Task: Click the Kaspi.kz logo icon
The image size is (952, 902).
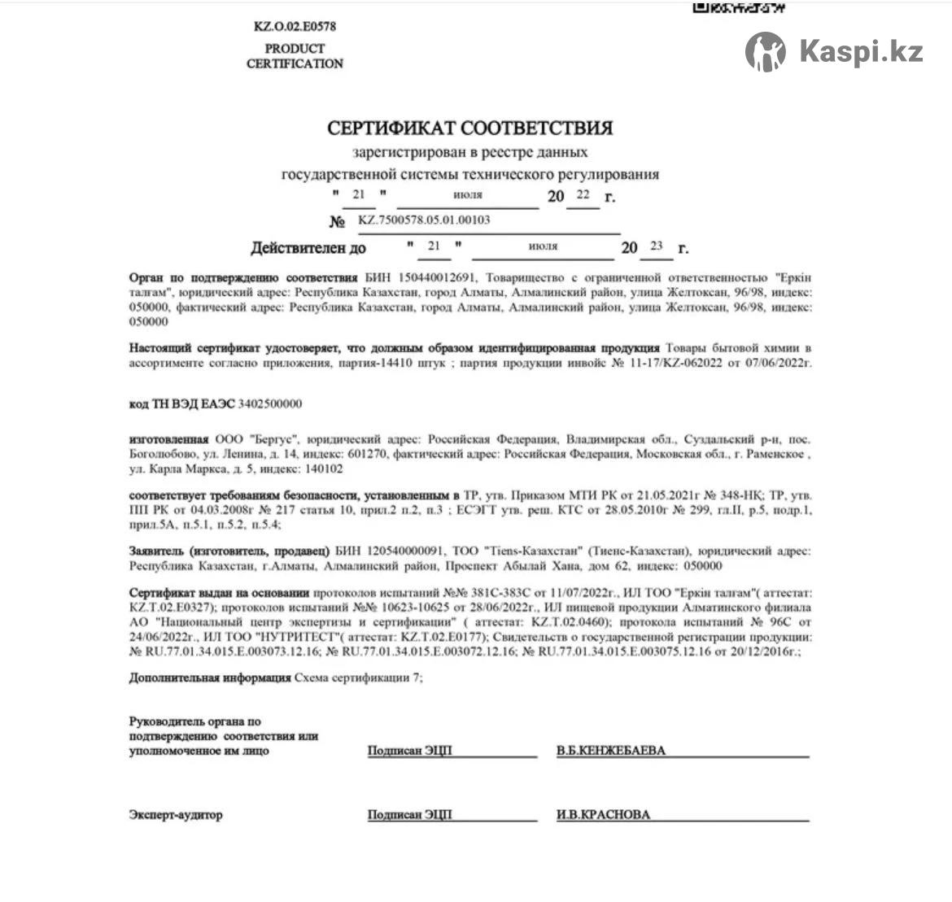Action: coord(765,52)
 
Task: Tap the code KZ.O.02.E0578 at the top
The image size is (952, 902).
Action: coord(295,26)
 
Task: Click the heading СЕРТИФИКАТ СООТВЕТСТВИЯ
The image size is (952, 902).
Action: coord(470,128)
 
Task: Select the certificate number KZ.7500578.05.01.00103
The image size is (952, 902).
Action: coord(424,220)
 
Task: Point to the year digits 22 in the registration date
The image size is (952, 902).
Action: coord(583,195)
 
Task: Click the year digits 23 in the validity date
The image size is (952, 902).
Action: coord(656,246)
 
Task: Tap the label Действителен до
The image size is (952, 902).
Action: coord(308,248)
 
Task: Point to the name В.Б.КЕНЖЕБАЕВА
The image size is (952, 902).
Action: coord(610,751)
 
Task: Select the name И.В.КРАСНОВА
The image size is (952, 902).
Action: coord(603,814)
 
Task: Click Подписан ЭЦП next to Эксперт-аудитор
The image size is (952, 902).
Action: coord(409,814)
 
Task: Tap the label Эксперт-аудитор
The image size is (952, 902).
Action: coord(175,814)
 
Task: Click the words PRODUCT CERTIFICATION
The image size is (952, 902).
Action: coord(295,55)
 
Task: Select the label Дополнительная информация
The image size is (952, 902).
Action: coord(209,678)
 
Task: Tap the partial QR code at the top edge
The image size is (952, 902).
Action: coord(738,7)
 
